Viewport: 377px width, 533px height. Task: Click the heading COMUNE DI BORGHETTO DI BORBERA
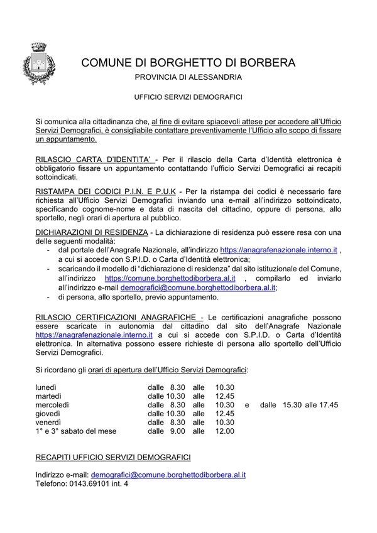point(188,63)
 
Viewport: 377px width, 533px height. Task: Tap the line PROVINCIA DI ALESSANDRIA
point(188,78)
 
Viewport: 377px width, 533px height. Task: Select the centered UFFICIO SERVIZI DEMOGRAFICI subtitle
point(188,98)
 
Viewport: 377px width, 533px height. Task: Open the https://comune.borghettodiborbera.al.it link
point(170,277)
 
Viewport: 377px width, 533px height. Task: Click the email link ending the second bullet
point(207,287)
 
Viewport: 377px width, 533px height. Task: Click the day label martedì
point(48,397)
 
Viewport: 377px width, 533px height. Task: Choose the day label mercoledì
point(52,406)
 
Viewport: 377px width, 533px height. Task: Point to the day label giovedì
point(48,414)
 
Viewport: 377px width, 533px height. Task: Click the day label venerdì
point(48,423)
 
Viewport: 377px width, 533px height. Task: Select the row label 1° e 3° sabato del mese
point(76,432)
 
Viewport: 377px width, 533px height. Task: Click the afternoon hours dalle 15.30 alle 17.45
point(299,406)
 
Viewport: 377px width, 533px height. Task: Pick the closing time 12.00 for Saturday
point(224,432)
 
